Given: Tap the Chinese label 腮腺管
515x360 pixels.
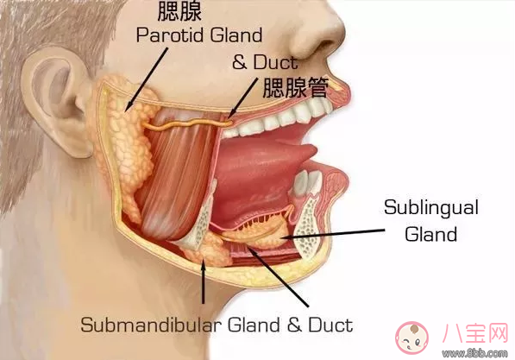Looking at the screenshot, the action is click(x=296, y=88).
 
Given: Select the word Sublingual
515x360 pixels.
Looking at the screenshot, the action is click(x=431, y=208).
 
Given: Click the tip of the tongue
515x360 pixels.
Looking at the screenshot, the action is click(x=315, y=150).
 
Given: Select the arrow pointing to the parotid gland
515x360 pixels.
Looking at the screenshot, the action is click(x=147, y=79).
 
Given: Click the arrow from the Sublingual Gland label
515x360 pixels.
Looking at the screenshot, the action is click(x=332, y=233).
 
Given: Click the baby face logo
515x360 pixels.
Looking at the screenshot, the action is click(x=411, y=338).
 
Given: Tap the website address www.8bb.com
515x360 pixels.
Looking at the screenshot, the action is click(x=474, y=353).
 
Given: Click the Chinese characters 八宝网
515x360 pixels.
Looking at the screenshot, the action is click(x=475, y=333).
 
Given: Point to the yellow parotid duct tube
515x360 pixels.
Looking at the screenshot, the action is click(x=187, y=124).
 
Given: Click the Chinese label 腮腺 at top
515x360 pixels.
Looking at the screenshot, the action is click(x=179, y=11).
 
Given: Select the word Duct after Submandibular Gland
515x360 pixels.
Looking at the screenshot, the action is click(x=330, y=325).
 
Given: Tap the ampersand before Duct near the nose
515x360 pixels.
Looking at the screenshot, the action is click(x=239, y=62).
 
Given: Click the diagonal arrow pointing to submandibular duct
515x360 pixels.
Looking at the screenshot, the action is click(x=279, y=277).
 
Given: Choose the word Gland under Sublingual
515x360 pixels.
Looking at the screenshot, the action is click(x=430, y=234).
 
